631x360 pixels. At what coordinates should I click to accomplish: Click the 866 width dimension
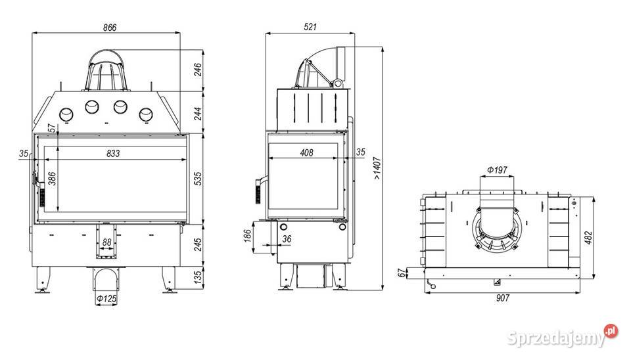pyautogui.click(x=110, y=28)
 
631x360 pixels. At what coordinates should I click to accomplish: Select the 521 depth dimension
pyautogui.click(x=310, y=27)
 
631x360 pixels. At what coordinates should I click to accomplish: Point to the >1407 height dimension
pyautogui.click(x=377, y=168)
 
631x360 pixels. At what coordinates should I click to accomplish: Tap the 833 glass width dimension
pyautogui.click(x=113, y=153)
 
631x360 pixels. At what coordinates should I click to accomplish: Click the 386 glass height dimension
pyautogui.click(x=52, y=179)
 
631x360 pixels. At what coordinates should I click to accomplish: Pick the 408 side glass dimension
pyautogui.click(x=306, y=153)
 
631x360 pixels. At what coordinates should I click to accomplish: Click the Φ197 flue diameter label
pyautogui.click(x=497, y=170)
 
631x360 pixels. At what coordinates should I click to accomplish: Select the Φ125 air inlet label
pyautogui.click(x=106, y=299)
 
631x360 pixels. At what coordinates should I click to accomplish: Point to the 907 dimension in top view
pyautogui.click(x=503, y=298)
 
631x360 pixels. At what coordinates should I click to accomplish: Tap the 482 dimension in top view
pyautogui.click(x=588, y=238)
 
